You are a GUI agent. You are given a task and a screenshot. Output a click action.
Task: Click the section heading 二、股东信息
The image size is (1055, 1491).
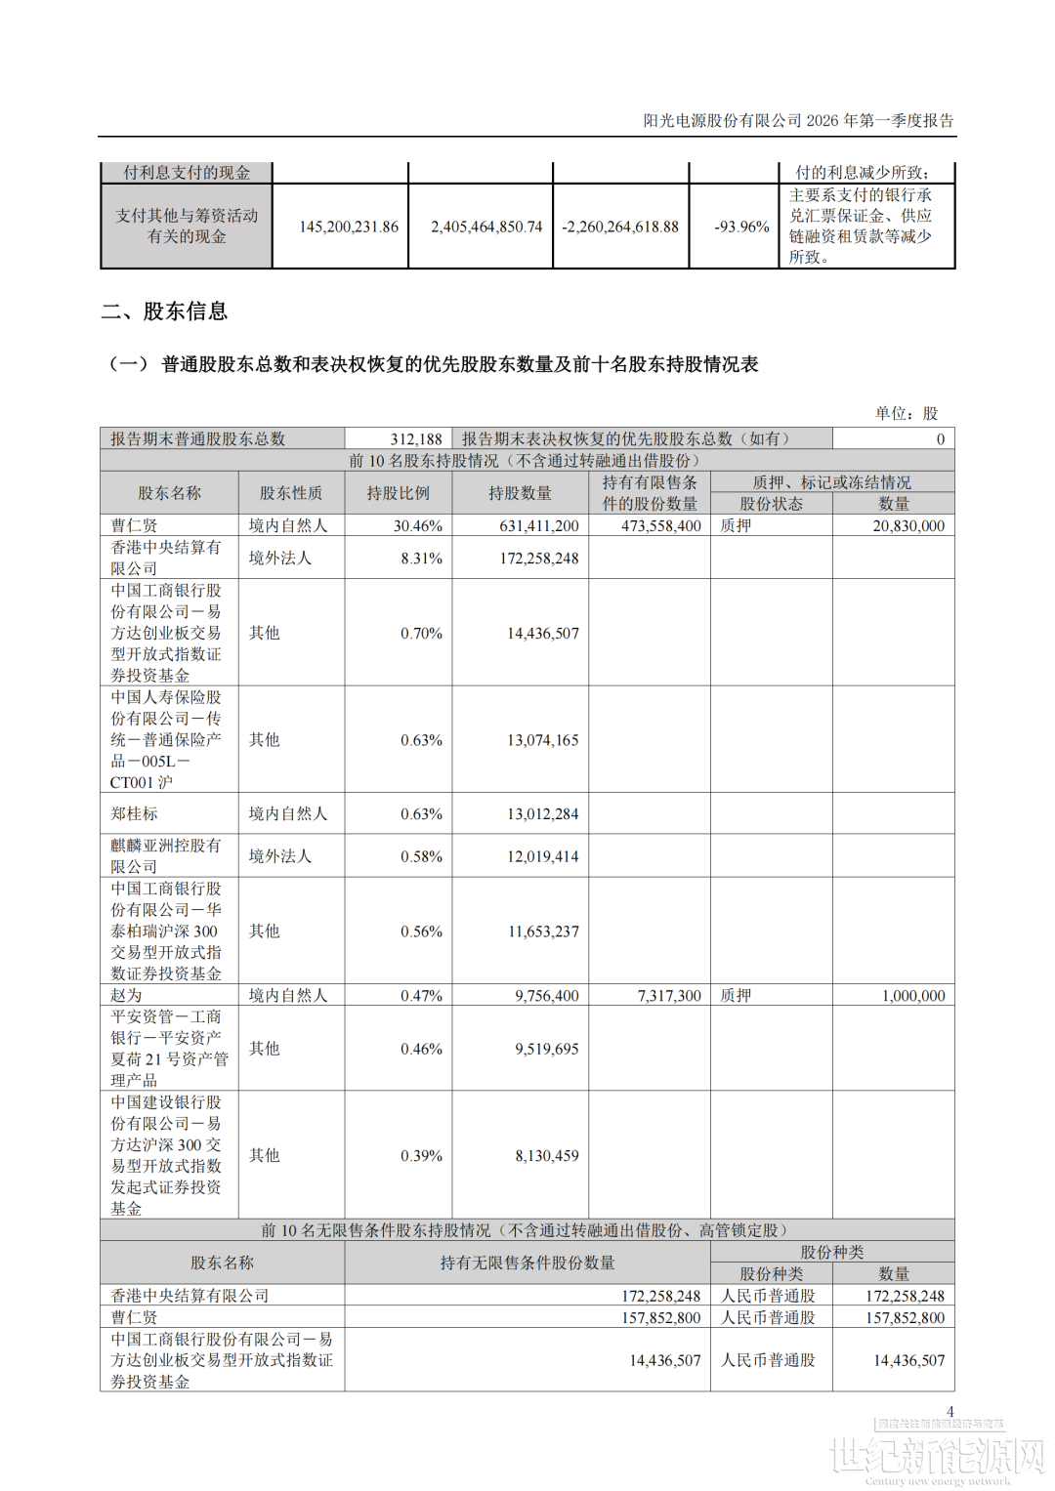pos(164,311)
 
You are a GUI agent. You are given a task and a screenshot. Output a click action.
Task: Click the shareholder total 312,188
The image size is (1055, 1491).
pos(416,439)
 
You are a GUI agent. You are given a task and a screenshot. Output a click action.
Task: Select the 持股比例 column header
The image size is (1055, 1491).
pos(398,493)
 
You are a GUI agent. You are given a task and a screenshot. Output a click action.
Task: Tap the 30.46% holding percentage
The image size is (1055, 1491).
pos(418,525)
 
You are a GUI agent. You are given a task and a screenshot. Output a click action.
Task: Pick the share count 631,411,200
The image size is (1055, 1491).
pos(539,525)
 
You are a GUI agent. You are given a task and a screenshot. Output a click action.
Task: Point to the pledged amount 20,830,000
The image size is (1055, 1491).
pos(908,525)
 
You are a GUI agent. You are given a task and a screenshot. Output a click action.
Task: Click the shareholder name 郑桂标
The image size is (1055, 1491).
pos(134,813)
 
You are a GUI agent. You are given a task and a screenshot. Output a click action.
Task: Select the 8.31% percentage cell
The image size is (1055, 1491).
pos(422,559)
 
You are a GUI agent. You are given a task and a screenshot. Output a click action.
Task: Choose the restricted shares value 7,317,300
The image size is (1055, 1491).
pos(669,996)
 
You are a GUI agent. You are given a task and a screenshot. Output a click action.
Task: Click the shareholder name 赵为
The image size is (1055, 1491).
pos(126,995)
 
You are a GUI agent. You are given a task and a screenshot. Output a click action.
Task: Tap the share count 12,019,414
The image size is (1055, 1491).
pos(542,856)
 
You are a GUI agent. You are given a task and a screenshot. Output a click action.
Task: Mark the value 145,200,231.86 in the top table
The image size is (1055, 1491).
pos(349,227)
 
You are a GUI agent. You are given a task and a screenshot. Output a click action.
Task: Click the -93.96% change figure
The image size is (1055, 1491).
pos(741,227)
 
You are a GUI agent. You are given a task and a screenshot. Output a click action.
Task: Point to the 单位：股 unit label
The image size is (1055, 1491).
pos(906,413)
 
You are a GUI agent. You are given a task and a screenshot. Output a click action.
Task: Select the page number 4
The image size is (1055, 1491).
pos(949,1412)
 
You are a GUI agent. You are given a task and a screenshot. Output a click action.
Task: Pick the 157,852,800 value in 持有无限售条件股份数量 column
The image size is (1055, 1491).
pos(661,1318)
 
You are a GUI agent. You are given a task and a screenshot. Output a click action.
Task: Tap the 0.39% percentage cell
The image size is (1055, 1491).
pos(422,1155)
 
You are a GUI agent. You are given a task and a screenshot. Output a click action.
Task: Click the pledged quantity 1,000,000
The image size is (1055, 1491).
pos(913,996)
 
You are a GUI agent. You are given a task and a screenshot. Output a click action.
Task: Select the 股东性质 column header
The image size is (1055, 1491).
pos(290,493)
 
